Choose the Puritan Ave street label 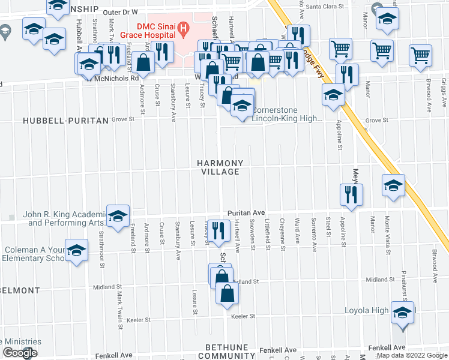pos(246,213)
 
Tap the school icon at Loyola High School pos(402,313)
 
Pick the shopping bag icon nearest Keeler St pos(228,294)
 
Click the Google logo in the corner pos(20,353)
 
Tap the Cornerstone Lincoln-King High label pos(287,114)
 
